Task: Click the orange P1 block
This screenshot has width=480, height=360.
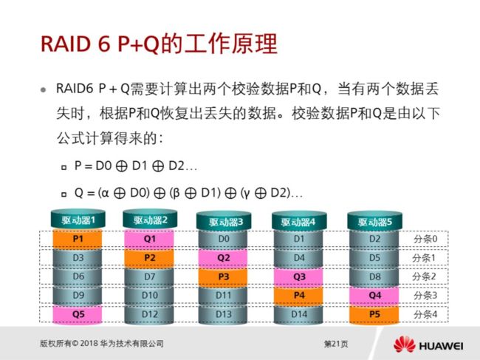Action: (78, 239)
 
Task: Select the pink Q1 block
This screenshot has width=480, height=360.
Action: (150, 239)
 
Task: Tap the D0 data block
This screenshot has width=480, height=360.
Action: (224, 239)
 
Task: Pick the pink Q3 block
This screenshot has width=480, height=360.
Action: (299, 276)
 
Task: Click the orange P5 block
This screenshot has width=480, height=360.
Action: (374, 314)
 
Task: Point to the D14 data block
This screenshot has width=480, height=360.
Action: (299, 314)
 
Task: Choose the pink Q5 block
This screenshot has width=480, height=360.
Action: (78, 314)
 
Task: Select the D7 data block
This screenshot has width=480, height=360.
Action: (150, 276)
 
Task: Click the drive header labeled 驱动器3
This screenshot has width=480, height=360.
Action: (224, 220)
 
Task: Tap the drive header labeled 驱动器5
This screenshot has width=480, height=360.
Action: (374, 220)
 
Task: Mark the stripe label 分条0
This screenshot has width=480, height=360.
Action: (425, 239)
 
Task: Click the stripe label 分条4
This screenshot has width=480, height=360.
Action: (425, 314)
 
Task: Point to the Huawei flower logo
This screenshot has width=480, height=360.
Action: (405, 344)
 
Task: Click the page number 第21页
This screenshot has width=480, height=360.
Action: (336, 344)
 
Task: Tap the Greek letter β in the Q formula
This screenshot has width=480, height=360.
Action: (176, 194)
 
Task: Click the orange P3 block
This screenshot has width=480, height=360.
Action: (224, 276)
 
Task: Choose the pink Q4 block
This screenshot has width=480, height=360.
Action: (374, 296)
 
